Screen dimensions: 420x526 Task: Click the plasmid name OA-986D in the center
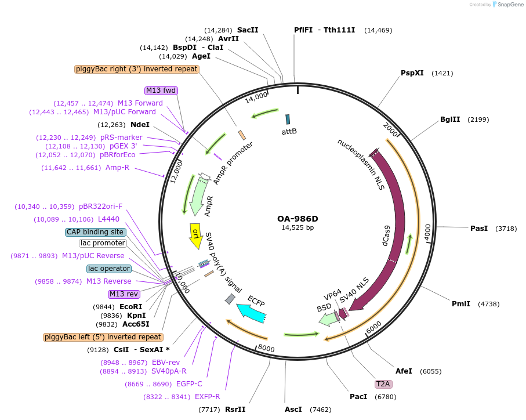pos(298,219)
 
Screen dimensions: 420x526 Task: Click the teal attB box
pos(287,120)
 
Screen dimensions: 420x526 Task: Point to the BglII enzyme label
pos(449,120)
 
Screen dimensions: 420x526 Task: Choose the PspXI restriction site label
pos(412,73)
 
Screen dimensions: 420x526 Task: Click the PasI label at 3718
pos(479,229)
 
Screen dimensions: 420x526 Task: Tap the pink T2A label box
pos(383,384)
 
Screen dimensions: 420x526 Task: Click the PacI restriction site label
pos(358,397)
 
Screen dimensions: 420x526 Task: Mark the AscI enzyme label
pos(293,410)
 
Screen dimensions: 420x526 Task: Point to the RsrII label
pos(235,410)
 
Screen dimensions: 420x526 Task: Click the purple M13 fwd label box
pos(161,90)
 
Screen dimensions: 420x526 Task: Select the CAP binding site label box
pos(96,232)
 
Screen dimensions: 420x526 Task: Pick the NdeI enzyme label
pos(140,125)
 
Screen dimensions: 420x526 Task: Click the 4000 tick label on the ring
pos(427,231)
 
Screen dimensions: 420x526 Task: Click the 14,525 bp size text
pos(298,228)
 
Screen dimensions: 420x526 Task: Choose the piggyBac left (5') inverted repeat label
pos(103,337)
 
